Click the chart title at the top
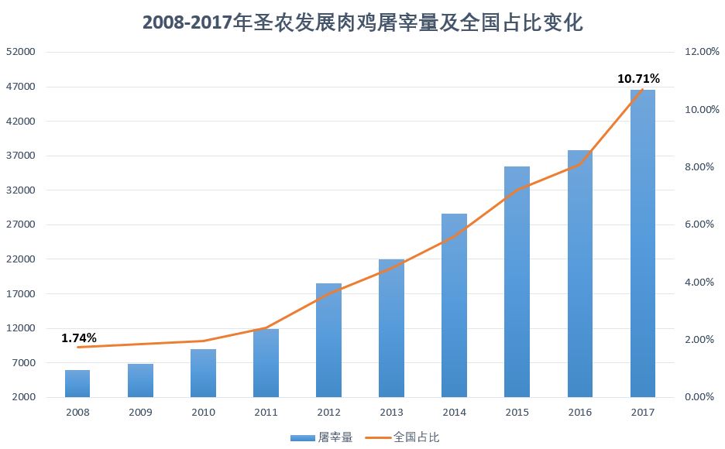[x=362, y=22]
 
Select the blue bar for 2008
[x=77, y=383]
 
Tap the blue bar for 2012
[x=328, y=341]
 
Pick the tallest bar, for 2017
[x=642, y=244]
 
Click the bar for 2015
[x=517, y=282]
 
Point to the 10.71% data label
[x=638, y=78]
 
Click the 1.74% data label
[x=79, y=338]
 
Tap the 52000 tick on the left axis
[x=21, y=52]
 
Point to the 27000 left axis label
[x=21, y=224]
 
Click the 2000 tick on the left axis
[x=23, y=397]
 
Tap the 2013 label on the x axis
[x=391, y=413]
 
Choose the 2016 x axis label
[x=579, y=413]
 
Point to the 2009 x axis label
[x=140, y=413]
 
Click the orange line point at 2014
[x=454, y=236]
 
